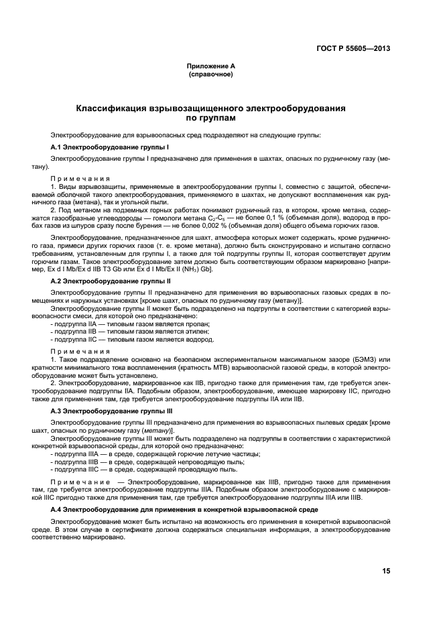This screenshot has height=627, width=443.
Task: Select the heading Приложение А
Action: click(210, 66)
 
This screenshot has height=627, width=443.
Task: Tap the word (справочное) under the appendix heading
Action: click(210, 74)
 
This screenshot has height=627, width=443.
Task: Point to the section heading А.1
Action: click(109, 146)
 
